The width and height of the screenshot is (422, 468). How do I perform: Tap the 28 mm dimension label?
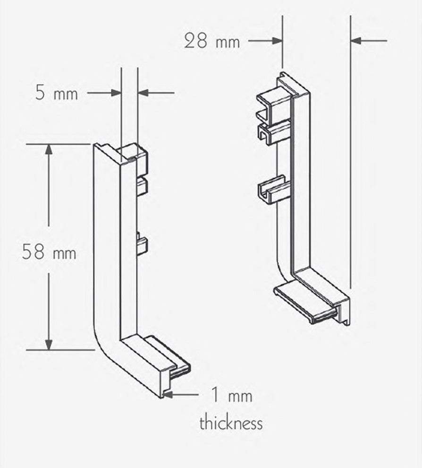point(212,42)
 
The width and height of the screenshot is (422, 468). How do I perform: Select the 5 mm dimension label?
point(56,93)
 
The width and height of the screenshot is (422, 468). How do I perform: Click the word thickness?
point(231,422)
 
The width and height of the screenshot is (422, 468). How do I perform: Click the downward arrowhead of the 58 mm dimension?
point(48,344)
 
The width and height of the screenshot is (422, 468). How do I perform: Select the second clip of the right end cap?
point(273,131)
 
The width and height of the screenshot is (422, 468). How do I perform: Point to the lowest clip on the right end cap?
point(273,190)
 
